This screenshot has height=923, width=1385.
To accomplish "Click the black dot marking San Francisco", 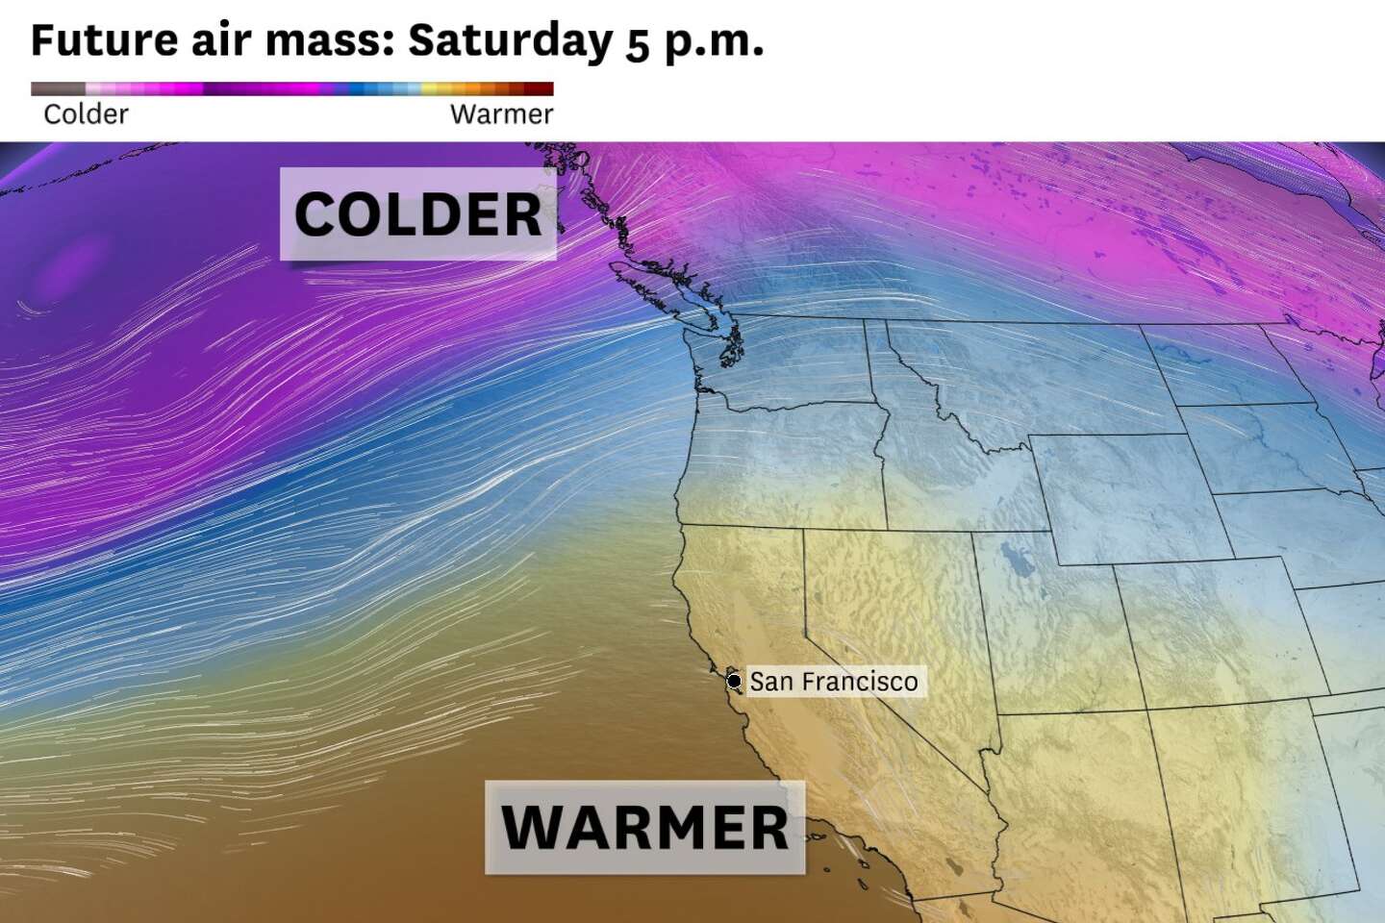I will (x=734, y=682).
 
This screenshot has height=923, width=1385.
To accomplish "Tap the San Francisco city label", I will (x=833, y=682).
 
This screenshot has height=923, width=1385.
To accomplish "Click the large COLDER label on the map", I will (x=417, y=213).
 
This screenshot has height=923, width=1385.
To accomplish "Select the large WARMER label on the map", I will (x=644, y=827).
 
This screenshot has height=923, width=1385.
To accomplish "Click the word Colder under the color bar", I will (x=86, y=114).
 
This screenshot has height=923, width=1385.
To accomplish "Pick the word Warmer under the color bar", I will (x=501, y=114).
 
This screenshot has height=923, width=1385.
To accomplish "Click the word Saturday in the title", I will (x=510, y=40).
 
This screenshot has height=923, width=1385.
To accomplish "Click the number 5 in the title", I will (x=637, y=44).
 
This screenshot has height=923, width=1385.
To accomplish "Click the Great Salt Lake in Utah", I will (x=1011, y=558).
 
